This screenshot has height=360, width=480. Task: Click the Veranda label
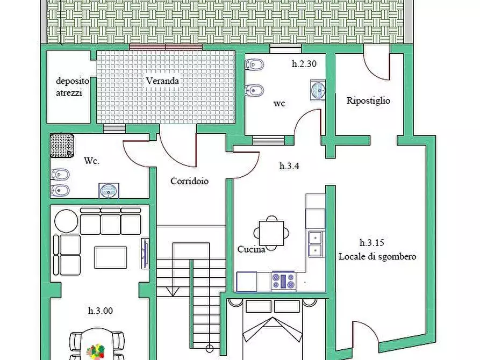(162, 81)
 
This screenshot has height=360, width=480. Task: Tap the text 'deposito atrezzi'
(69, 87)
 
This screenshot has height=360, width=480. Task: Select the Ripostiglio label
(368, 100)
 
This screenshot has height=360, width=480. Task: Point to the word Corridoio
(189, 181)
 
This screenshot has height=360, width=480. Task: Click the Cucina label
(251, 250)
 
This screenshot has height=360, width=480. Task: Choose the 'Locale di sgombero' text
(377, 256)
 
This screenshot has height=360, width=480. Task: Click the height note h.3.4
(289, 166)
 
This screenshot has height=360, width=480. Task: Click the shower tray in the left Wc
(61, 146)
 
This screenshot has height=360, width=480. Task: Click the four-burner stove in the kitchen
(283, 280)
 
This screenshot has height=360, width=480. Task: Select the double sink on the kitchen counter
(315, 243)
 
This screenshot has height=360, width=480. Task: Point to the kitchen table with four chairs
(273, 233)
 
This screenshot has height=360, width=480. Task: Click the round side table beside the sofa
(67, 220)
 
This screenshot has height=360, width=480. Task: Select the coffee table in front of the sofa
(111, 257)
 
